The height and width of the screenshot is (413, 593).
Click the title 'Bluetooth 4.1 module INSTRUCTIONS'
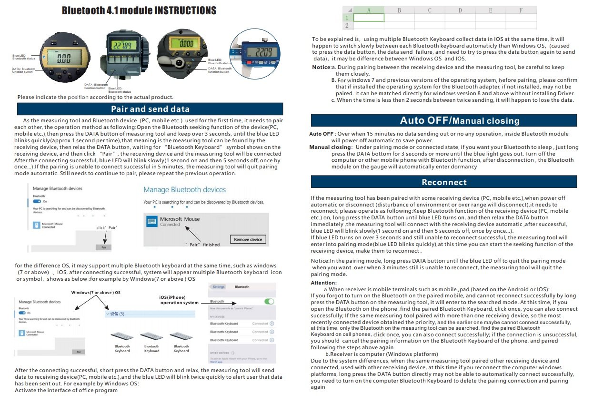point(139,10)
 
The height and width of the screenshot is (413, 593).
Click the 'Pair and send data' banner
point(150,109)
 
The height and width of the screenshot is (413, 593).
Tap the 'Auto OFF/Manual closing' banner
point(443,120)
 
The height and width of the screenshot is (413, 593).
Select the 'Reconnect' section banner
point(443,182)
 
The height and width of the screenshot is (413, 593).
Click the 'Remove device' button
point(248,239)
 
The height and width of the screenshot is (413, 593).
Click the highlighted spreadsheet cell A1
point(368,18)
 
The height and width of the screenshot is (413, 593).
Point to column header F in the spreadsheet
point(521,10)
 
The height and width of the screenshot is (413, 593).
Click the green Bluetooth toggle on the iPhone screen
point(269,302)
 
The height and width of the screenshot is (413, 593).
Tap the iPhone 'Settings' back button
point(219,287)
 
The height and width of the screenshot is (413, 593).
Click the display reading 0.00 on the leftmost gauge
point(64,59)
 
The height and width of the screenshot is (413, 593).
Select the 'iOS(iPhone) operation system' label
point(179,300)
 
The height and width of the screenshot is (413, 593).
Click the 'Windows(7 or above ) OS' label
point(96,292)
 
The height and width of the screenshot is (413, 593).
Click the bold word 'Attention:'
point(323,283)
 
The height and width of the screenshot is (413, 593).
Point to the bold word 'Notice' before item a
point(321,68)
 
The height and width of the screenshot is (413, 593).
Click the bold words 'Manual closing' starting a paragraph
point(330,147)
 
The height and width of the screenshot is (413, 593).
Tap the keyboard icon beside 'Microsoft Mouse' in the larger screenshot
point(151,221)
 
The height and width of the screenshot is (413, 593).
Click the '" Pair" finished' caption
point(202,245)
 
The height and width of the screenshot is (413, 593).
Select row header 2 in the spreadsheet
point(347,25)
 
